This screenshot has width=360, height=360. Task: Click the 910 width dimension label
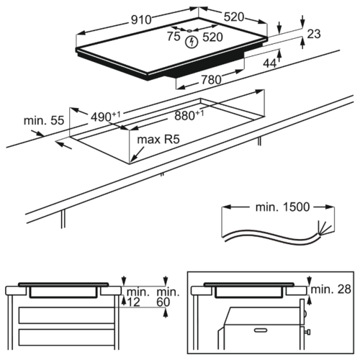(141, 19)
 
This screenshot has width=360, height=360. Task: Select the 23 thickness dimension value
(314, 34)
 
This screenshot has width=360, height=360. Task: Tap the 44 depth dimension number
(270, 63)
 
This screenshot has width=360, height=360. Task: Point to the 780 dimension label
(211, 80)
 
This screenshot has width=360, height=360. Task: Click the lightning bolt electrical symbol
(192, 42)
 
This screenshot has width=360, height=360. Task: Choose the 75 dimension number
(174, 36)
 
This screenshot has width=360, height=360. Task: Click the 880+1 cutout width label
(189, 115)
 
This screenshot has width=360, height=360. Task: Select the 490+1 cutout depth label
(106, 117)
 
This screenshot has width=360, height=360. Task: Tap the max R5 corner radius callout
(158, 139)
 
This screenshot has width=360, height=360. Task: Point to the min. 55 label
(44, 120)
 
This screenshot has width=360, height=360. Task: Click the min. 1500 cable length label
(283, 207)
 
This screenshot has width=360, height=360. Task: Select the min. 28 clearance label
(331, 289)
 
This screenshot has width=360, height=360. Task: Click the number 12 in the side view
(133, 302)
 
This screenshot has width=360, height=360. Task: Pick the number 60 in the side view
(163, 302)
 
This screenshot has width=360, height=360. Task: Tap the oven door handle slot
(262, 330)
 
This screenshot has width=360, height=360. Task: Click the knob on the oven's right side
(307, 332)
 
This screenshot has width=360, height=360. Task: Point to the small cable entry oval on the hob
(189, 31)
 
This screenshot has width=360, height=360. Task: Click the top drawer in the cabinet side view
(67, 315)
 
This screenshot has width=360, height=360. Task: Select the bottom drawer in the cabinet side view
(67, 337)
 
